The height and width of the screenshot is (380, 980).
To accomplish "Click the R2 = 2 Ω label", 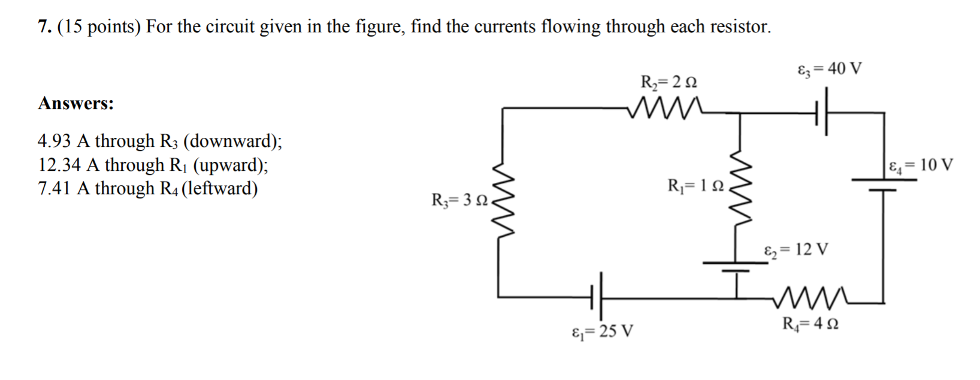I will tap(669, 81).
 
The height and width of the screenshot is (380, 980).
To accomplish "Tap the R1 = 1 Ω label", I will tap(695, 185).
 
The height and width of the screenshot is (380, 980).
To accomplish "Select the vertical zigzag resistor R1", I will tap(740, 186).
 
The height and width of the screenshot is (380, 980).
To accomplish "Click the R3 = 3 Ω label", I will tap(459, 200).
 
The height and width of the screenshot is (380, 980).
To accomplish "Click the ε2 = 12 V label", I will tap(796, 249).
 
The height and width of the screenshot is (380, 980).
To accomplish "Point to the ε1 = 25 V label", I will tap(603, 330).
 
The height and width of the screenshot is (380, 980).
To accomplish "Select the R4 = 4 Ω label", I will tap(810, 324).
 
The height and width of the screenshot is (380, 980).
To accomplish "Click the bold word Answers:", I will tap(76, 104).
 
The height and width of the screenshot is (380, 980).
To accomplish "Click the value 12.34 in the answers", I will tap(59, 165).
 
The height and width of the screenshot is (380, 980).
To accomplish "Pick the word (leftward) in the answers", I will tap(219, 189).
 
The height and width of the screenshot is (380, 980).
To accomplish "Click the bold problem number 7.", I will tap(44, 27).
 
